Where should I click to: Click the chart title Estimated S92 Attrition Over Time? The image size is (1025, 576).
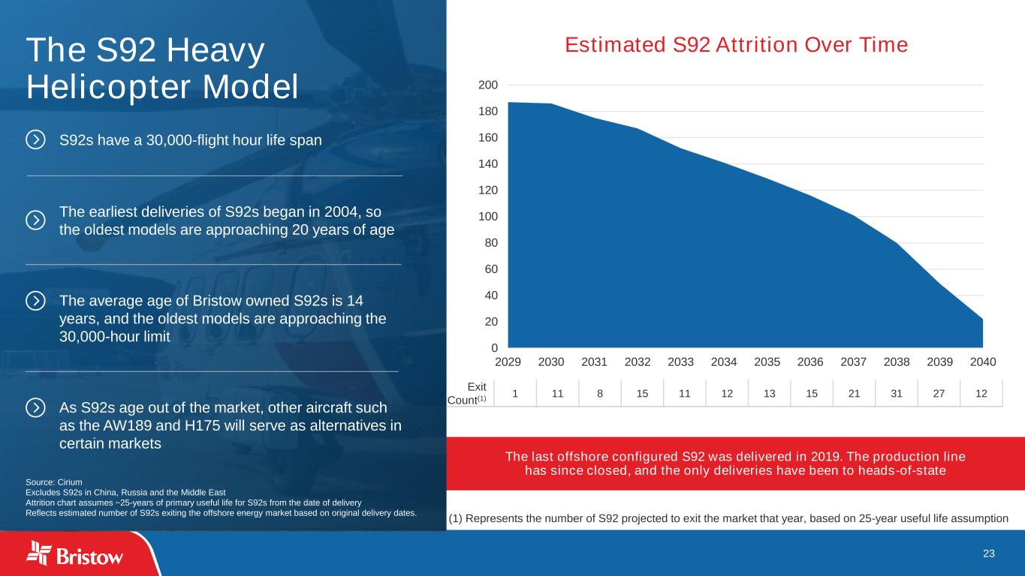point(736,45)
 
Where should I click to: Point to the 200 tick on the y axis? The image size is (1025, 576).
point(488,85)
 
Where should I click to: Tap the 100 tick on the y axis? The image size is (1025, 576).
point(488,217)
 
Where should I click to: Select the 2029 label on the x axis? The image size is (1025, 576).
point(508,362)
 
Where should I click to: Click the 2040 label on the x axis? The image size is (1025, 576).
point(983,362)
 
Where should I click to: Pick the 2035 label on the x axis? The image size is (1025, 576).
point(767,362)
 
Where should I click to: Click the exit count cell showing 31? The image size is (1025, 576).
point(897,394)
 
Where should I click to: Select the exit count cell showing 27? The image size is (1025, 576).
point(939,394)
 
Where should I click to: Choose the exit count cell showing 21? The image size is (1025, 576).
point(854,394)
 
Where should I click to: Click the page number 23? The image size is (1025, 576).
point(988,553)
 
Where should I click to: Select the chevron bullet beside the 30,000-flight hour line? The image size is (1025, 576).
point(35,139)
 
